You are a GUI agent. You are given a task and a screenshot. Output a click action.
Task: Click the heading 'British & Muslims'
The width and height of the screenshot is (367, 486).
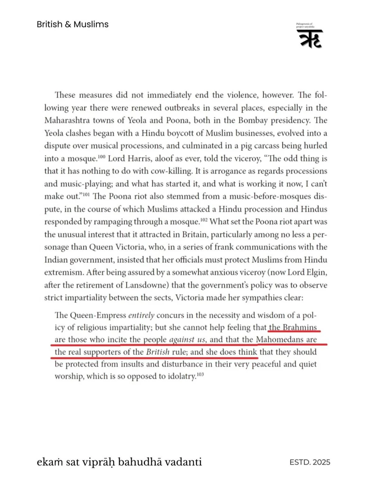(72, 24)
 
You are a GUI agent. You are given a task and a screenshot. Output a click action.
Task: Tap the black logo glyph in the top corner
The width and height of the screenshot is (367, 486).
(309, 39)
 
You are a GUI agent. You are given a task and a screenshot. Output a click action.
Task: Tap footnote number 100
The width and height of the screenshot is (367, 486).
(101, 156)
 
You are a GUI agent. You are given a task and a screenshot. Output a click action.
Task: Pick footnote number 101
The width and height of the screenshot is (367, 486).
(86, 194)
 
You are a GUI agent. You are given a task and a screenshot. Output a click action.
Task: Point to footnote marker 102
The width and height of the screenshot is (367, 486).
(204, 220)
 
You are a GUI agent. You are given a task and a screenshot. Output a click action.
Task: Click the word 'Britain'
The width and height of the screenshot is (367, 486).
(194, 234)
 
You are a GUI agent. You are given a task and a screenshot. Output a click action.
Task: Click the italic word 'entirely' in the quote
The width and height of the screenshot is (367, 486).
(141, 315)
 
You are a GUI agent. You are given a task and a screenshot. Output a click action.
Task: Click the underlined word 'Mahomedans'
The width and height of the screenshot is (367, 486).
(279, 340)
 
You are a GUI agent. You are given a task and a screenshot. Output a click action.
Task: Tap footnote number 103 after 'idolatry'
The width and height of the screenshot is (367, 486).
(200, 374)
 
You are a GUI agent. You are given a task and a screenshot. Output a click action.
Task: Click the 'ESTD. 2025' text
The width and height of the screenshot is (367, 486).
(310, 462)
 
